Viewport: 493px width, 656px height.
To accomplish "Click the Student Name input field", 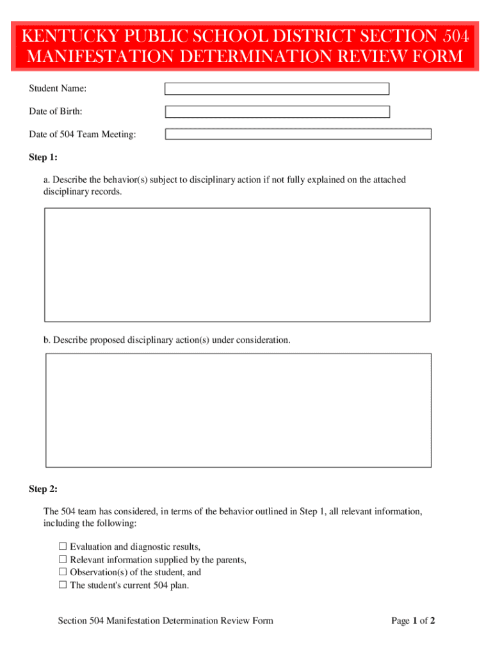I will pyautogui.click(x=277, y=89).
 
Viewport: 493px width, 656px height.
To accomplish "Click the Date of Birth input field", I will pyautogui.click(x=277, y=112).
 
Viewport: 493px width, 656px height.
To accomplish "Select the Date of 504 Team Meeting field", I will pyautogui.click(x=298, y=135).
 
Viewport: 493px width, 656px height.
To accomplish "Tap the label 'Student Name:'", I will pyautogui.click(x=58, y=88).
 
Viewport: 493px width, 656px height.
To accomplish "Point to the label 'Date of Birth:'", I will pyautogui.click(x=55, y=111).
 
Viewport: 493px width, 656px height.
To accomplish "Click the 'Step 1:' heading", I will pyautogui.click(x=43, y=158).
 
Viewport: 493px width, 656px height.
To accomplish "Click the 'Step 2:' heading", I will pyautogui.click(x=43, y=489).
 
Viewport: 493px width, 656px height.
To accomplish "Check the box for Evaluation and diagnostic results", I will pyautogui.click(x=63, y=546).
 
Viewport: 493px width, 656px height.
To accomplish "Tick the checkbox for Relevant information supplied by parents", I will pyautogui.click(x=63, y=559).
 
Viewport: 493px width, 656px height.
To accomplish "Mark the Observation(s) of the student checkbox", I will pyautogui.click(x=63, y=572).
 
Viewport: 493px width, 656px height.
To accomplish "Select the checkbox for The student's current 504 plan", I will pyautogui.click(x=63, y=585).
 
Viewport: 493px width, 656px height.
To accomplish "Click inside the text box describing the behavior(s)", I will pyautogui.click(x=237, y=265).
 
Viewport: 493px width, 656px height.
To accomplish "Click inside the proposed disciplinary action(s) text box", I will pyautogui.click(x=238, y=410).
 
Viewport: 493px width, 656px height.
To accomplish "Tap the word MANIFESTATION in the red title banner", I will pyautogui.click(x=93, y=57).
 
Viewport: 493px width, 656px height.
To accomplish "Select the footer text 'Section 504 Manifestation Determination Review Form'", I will pyautogui.click(x=165, y=621).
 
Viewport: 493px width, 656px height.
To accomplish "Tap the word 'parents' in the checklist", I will pyautogui.click(x=229, y=559).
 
